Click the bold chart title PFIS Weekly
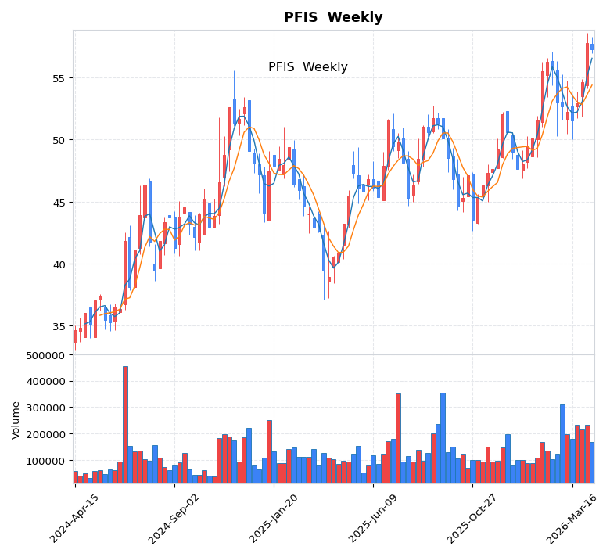333,18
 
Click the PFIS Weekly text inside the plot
307,67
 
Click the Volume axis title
16,419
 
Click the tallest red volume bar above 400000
125,424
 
